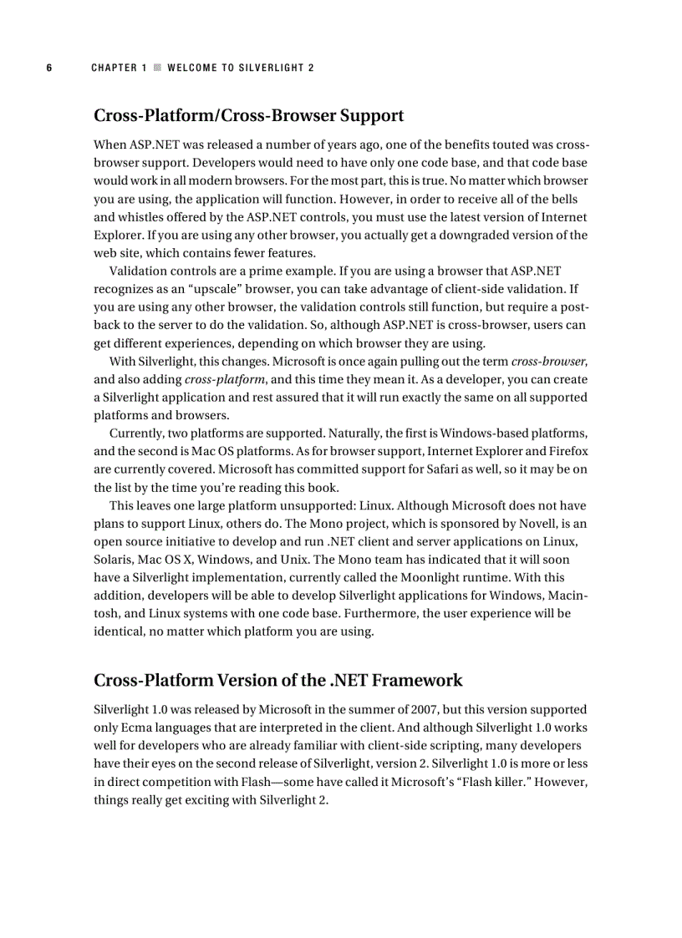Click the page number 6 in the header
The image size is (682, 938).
[x=49, y=68]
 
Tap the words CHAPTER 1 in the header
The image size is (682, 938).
[x=119, y=68]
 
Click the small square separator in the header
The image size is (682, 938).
[x=156, y=68]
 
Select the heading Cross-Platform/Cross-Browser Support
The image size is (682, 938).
[x=249, y=115]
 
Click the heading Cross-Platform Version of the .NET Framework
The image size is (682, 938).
[x=277, y=680]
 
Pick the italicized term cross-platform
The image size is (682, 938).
[x=217, y=378]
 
